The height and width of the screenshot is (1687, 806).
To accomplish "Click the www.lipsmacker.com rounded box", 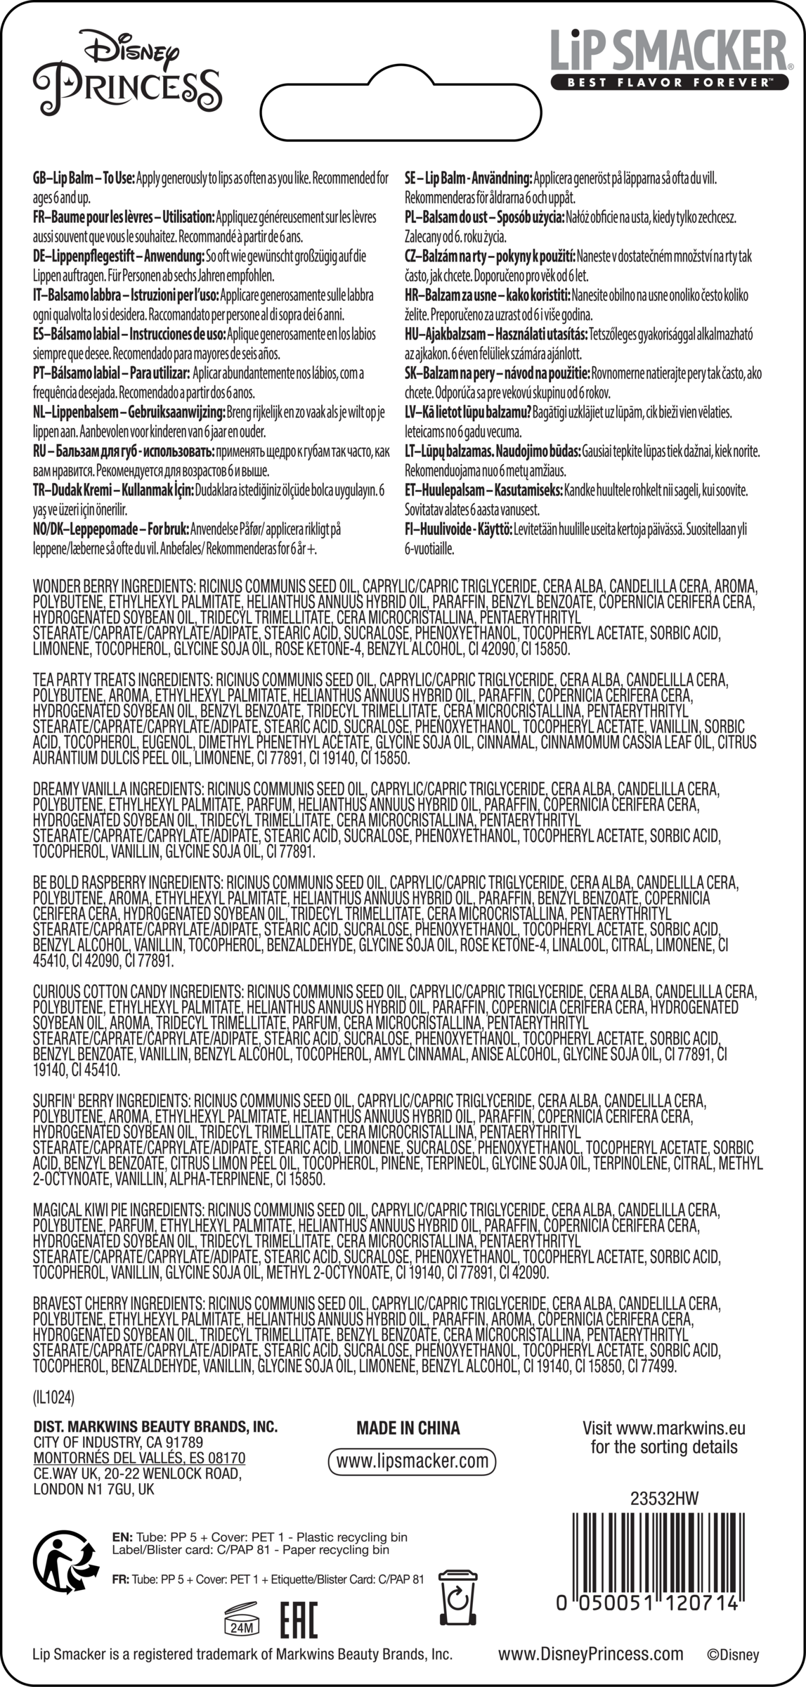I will pos(412,1461).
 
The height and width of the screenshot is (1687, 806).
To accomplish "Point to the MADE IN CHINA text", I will pos(408,1428).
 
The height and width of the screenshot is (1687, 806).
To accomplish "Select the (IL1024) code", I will pos(53,1396).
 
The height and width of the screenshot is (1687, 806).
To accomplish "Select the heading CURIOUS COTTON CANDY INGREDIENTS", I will pos(137,992).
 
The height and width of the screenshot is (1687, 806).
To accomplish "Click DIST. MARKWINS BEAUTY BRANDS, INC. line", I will pos(155,1427).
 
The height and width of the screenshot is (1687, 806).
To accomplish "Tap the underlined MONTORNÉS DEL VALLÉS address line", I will pos(139,1458).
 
